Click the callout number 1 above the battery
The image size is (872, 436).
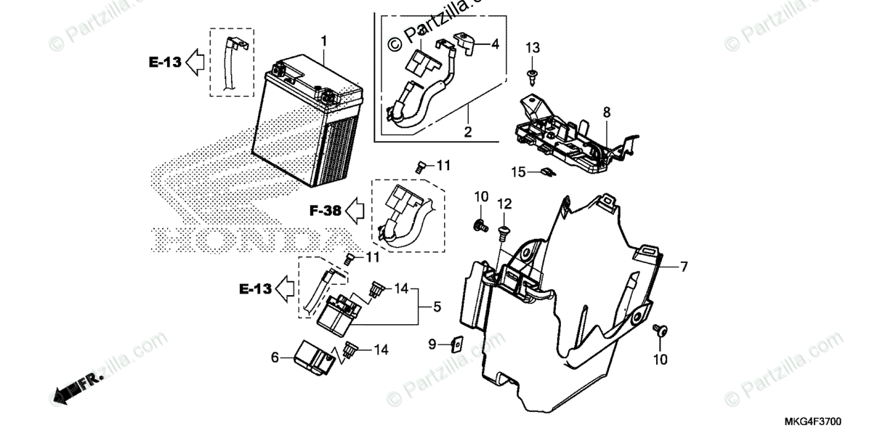pos(324,40)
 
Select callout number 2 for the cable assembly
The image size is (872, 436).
pos(468,132)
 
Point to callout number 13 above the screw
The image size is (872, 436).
pos(533,48)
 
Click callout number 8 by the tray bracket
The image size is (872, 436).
pos(607,112)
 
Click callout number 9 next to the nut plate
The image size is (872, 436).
pos(431,344)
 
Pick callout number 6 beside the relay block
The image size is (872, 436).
pos(274,357)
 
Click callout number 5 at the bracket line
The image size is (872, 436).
pos(436,308)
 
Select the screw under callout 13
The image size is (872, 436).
pos(532,74)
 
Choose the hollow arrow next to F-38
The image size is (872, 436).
pos(355,211)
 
